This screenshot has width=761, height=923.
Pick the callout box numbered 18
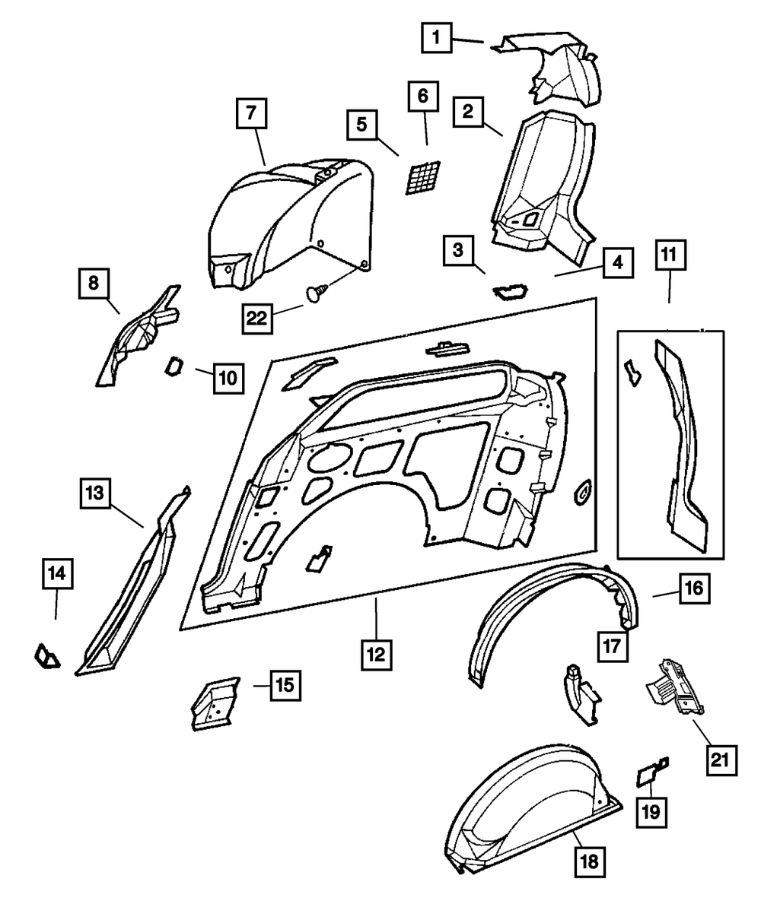coord(591,861)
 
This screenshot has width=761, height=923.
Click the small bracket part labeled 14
coord(48,656)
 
